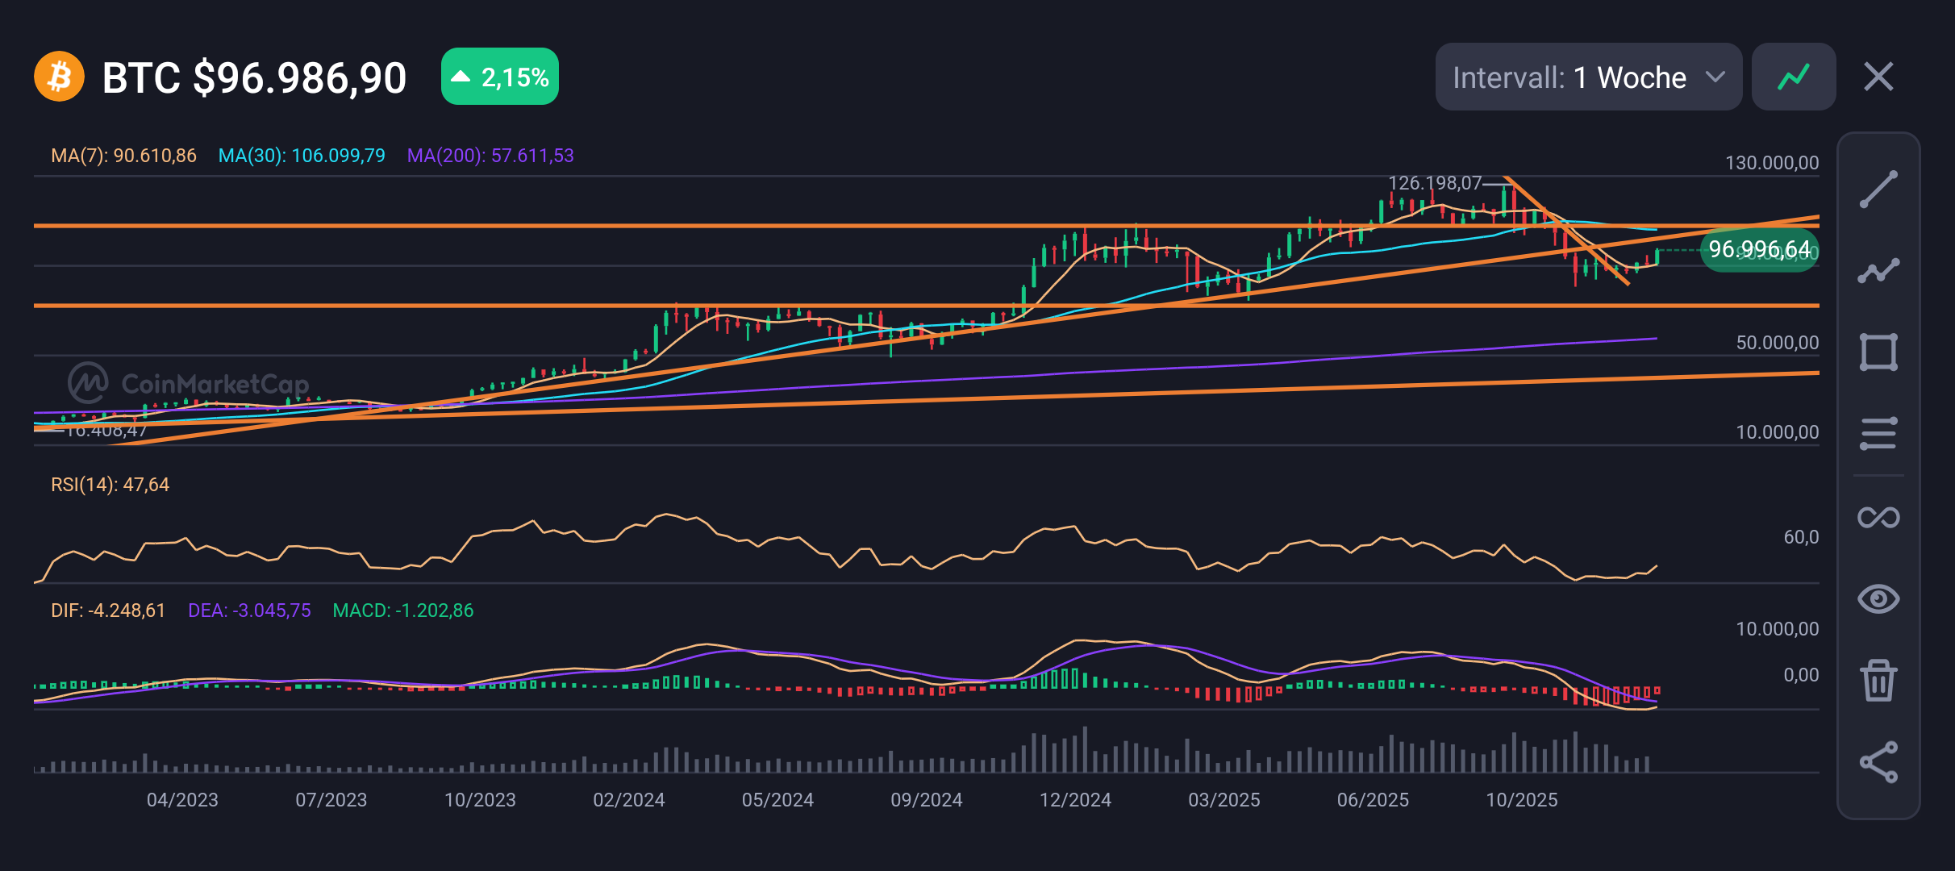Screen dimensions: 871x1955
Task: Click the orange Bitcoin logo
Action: pos(59,77)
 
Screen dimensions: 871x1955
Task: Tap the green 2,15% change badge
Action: pos(499,77)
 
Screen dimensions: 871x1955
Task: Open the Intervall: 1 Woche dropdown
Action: pos(1587,77)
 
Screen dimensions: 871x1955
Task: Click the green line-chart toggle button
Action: pos(1794,77)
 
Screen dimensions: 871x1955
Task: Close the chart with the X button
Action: pos(1878,77)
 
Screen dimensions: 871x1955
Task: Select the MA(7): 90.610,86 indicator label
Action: pos(123,156)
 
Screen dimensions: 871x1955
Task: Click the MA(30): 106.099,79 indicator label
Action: pos(302,156)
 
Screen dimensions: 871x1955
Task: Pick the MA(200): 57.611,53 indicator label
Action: pos(490,156)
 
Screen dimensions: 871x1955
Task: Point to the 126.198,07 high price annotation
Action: pos(1434,183)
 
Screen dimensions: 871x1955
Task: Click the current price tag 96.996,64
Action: pos(1759,250)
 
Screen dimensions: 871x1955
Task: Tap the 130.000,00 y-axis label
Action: pos(1771,163)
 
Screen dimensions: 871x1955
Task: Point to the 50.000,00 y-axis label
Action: pos(1777,343)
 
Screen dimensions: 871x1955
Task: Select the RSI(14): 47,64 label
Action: pos(110,485)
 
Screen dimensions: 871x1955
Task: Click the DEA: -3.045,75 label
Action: pos(249,611)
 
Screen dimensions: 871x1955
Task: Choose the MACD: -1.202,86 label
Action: pos(403,611)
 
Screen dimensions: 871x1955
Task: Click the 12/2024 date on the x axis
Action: pos(1075,800)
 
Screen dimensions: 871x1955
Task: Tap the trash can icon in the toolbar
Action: pos(1878,680)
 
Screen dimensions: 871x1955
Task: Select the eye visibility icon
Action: pos(1878,598)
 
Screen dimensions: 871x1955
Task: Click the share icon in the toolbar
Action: pos(1878,762)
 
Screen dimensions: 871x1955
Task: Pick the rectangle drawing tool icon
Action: pos(1878,352)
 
